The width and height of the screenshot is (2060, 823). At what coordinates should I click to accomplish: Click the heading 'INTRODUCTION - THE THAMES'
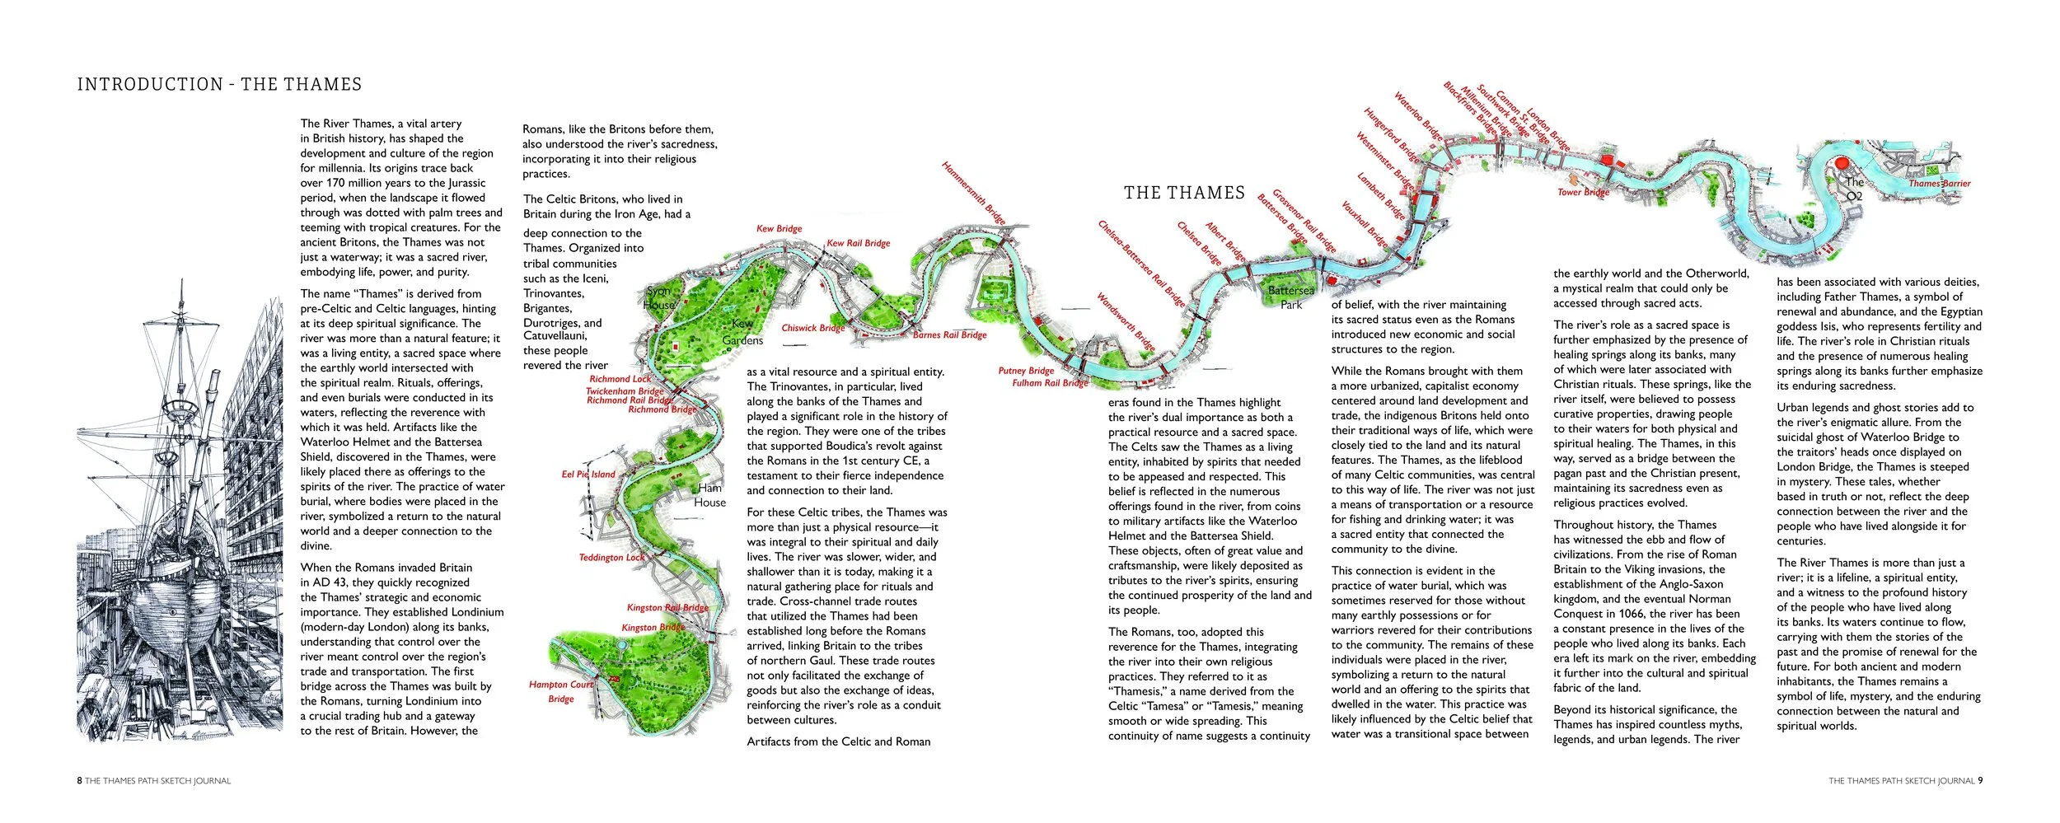coord(219,84)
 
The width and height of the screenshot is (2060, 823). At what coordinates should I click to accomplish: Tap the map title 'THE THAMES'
coord(1184,193)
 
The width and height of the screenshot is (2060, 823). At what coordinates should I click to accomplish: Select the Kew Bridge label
coord(779,229)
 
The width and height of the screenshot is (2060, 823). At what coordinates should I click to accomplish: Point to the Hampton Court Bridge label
coord(561,691)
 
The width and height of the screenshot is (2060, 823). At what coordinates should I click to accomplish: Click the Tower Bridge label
coord(1583,193)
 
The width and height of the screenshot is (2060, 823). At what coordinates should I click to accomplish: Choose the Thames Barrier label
coord(1940,184)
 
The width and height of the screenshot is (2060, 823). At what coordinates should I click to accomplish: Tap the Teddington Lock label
coord(611,558)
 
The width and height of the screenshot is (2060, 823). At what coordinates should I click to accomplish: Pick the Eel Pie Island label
coord(588,475)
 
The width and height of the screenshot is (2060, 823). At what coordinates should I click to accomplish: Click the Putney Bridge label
coord(1026,371)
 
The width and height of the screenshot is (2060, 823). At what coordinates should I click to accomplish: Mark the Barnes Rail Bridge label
coord(949,335)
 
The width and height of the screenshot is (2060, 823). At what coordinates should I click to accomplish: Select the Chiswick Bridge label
coord(813,328)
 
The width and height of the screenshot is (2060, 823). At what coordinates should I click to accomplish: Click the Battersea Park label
coord(1291,297)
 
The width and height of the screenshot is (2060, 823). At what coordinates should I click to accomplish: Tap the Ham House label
coord(709,495)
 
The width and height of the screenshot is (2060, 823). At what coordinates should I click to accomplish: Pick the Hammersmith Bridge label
coord(973,193)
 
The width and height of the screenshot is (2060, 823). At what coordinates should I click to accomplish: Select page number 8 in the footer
coord(79,781)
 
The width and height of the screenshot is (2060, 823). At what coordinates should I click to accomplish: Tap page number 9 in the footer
coord(1980,781)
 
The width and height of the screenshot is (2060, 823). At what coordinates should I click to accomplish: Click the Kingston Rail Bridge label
coord(667,608)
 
